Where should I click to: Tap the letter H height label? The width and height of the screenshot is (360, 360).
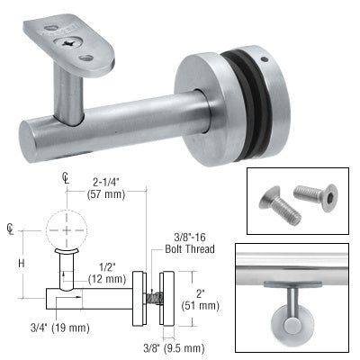pos(20,263)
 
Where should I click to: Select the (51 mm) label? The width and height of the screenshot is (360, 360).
pos(200,303)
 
